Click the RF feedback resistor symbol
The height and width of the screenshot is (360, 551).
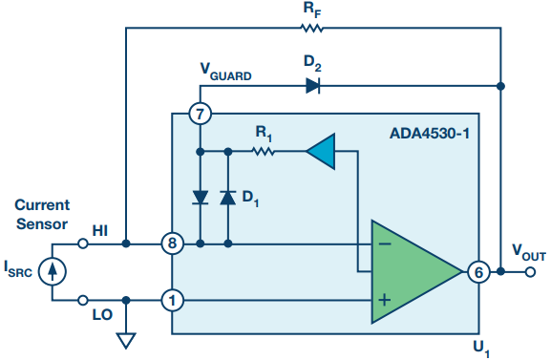[312, 28]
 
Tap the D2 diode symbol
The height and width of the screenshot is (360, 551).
[313, 86]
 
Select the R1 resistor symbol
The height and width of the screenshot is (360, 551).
[264, 152]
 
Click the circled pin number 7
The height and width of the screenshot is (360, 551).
[200, 114]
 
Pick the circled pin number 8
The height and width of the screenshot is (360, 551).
[172, 244]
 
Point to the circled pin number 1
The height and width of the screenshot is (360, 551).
[172, 301]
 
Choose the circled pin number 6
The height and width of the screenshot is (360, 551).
[478, 272]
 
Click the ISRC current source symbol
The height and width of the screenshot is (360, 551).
[52, 272]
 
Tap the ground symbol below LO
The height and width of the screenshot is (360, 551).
[126, 341]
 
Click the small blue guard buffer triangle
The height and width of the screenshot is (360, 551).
[321, 152]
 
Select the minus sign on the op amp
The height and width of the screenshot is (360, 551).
[385, 244]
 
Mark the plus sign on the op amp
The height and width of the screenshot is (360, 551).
[385, 300]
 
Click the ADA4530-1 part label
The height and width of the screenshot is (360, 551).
[430, 134]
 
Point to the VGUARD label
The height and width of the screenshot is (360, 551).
[225, 72]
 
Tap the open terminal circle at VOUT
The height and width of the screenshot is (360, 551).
[530, 272]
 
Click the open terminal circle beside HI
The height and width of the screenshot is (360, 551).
[82, 244]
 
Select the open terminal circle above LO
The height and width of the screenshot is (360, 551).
[82, 300]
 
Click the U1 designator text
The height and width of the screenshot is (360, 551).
[481, 349]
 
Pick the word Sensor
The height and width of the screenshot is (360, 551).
[42, 224]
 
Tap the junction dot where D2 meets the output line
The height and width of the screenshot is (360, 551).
[501, 86]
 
